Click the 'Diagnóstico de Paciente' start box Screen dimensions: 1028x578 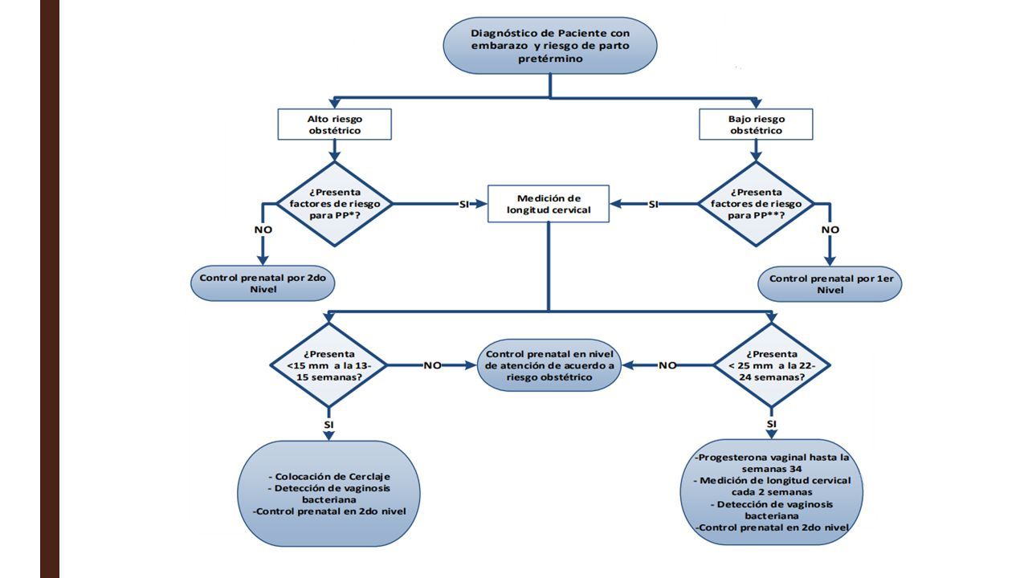550,46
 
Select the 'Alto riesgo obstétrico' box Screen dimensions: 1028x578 335,124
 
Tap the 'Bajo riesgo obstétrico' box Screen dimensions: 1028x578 756,124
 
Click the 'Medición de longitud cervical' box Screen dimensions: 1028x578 549,204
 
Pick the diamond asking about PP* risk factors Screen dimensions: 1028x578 335,204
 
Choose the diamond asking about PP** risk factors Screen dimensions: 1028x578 756,204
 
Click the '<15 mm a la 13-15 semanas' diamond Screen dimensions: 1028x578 328,365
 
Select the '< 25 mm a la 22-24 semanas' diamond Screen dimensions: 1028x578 772,365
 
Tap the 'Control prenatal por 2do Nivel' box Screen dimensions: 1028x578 263,283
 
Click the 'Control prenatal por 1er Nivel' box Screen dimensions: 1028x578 830,284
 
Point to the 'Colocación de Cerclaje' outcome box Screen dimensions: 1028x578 328,494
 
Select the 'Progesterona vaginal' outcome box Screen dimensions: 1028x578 772,492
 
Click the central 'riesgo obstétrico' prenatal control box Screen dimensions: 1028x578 549,365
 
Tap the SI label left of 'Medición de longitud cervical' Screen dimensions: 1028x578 464,205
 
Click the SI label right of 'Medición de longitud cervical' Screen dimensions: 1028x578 654,205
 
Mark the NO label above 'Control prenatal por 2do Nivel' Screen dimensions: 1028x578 263,230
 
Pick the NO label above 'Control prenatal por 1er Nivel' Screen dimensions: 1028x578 830,230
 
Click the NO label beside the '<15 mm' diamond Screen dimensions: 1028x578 432,365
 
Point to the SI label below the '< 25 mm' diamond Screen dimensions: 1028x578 772,424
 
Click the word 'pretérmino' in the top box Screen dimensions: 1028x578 550,59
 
